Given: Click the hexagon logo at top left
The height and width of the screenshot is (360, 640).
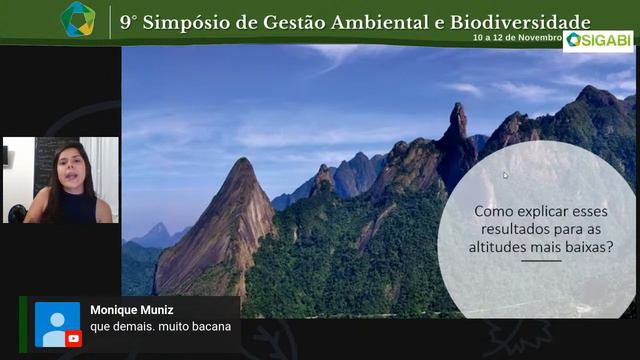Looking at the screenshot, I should [77, 19].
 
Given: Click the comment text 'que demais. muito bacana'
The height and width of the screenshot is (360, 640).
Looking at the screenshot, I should [160, 327].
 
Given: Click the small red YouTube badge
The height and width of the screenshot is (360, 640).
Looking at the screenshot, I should [73, 338].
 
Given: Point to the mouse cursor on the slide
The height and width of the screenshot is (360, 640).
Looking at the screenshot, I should [505, 175].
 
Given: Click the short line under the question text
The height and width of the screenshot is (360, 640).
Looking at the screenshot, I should [541, 262].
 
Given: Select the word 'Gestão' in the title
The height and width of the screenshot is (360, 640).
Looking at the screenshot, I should [290, 22].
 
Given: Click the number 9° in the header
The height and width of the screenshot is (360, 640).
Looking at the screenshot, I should [129, 22].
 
